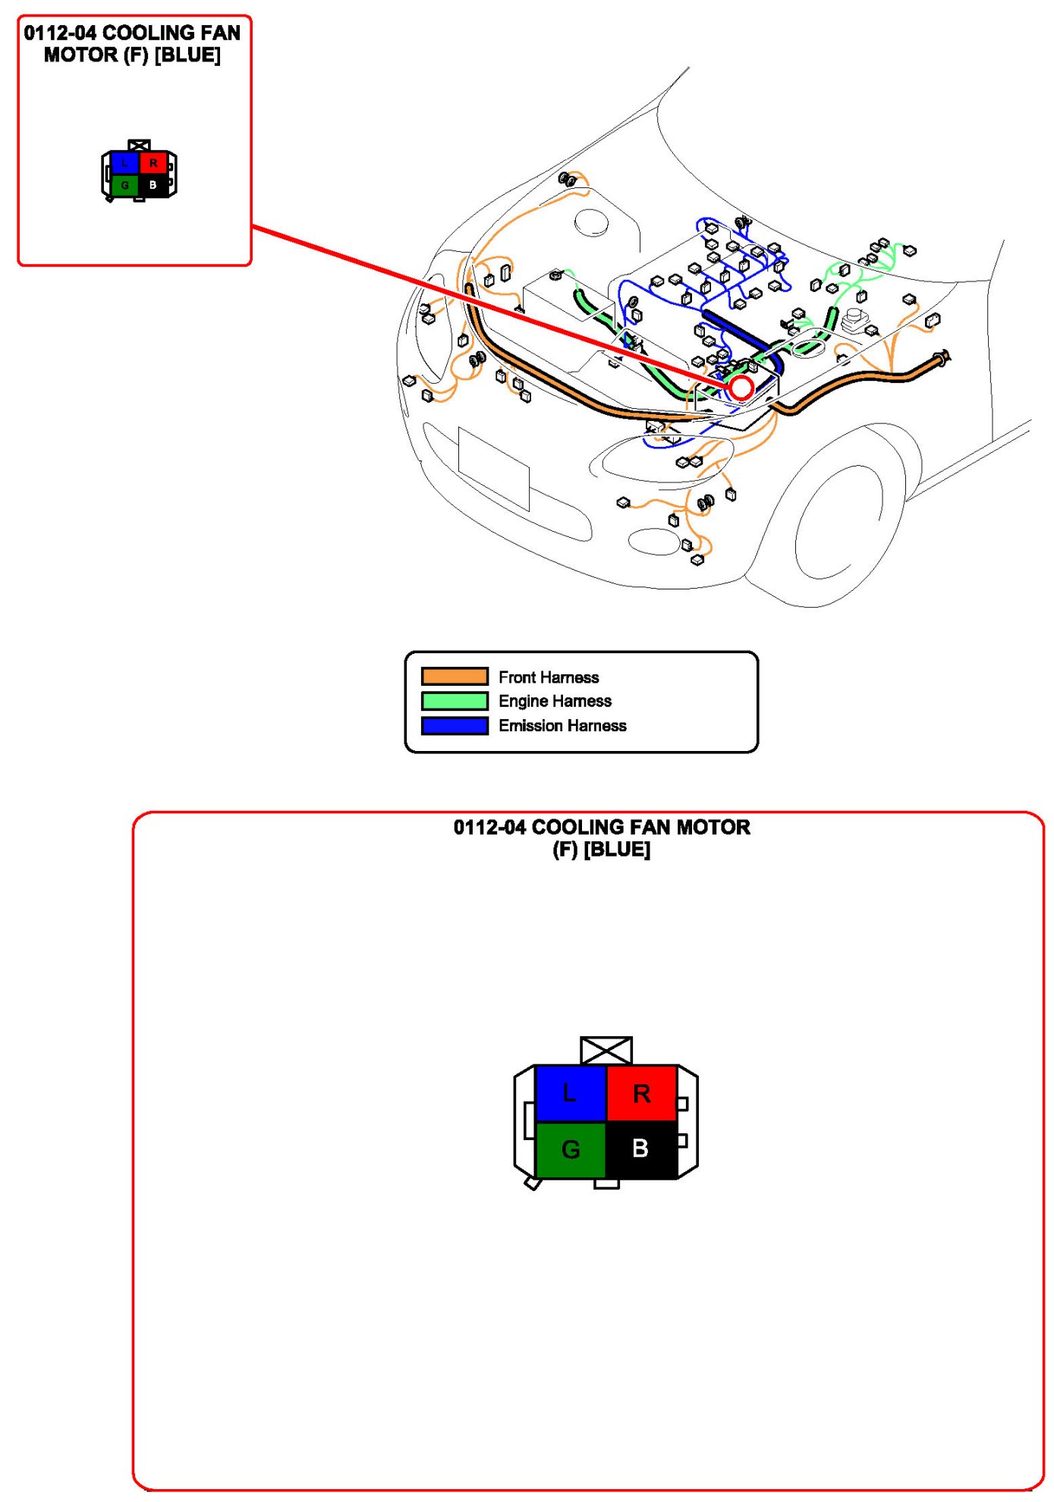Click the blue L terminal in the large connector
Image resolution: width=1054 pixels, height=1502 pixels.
[x=571, y=1093]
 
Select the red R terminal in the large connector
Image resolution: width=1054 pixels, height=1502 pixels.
[x=641, y=1093]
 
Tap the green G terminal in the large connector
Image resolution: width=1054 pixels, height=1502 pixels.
[x=571, y=1149]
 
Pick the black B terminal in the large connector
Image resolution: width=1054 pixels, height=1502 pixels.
[x=641, y=1149]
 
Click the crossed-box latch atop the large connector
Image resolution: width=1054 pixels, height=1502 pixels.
[x=606, y=1051]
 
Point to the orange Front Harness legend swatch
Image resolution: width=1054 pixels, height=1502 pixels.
[x=455, y=677]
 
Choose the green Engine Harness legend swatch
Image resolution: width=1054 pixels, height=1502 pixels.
[x=455, y=701]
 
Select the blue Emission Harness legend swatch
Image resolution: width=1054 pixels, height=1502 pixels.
[x=455, y=726]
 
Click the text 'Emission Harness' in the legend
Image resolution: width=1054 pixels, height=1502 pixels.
[x=562, y=726]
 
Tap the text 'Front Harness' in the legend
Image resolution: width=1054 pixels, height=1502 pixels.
[x=549, y=677]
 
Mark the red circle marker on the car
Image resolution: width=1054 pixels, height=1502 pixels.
[x=741, y=388]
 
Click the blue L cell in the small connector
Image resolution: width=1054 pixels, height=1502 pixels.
[x=125, y=162]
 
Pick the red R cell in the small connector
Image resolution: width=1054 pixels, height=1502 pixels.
[x=153, y=162]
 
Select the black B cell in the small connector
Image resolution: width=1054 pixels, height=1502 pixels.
[x=153, y=185]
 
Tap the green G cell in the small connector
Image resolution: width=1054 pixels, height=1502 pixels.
[x=125, y=185]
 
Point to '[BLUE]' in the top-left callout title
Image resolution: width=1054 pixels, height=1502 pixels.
[x=187, y=55]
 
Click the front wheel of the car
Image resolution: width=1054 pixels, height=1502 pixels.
[x=838, y=523]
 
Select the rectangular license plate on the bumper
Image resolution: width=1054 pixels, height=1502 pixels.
[x=493, y=469]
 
